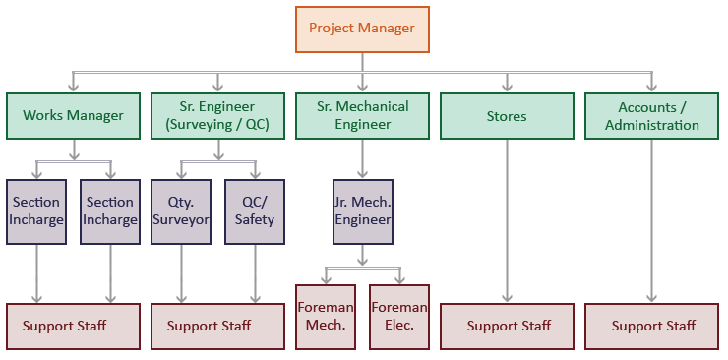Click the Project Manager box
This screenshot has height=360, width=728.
362,29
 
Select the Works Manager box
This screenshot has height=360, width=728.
73,116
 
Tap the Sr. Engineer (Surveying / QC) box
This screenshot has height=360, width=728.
217,116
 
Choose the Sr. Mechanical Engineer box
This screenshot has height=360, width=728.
362,116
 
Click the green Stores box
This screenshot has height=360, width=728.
507,116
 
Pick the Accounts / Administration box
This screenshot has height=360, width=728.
651,116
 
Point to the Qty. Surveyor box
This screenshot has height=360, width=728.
181,210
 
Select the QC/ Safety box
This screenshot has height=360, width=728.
255,210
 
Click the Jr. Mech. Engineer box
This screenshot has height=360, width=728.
362,210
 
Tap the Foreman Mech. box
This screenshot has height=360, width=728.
326,317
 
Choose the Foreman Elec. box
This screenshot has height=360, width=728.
399,317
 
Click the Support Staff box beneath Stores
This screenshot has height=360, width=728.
508,326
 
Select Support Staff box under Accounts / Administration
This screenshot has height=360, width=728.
652,326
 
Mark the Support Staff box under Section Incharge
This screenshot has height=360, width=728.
73,326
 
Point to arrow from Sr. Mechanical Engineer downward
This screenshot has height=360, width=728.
362,157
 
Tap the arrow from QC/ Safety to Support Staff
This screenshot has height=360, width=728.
255,272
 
